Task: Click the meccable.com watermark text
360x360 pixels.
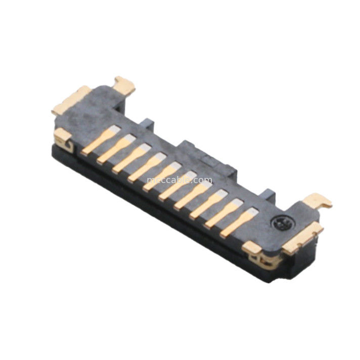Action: [179, 180]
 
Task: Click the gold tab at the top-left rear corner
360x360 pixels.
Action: [124, 85]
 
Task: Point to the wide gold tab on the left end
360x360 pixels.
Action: [71, 100]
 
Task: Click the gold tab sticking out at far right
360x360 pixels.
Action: [317, 200]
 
